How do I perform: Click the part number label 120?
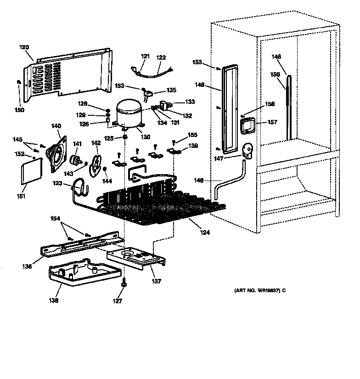coord(24,47)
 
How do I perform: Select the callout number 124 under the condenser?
coord(205,233)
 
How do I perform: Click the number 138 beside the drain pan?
coord(54,301)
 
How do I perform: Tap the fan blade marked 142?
coord(97,165)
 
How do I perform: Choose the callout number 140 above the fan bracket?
coord(56,126)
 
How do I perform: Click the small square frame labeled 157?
coord(247,124)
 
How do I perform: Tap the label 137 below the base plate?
coord(157,281)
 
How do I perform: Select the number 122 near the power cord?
coord(161,57)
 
